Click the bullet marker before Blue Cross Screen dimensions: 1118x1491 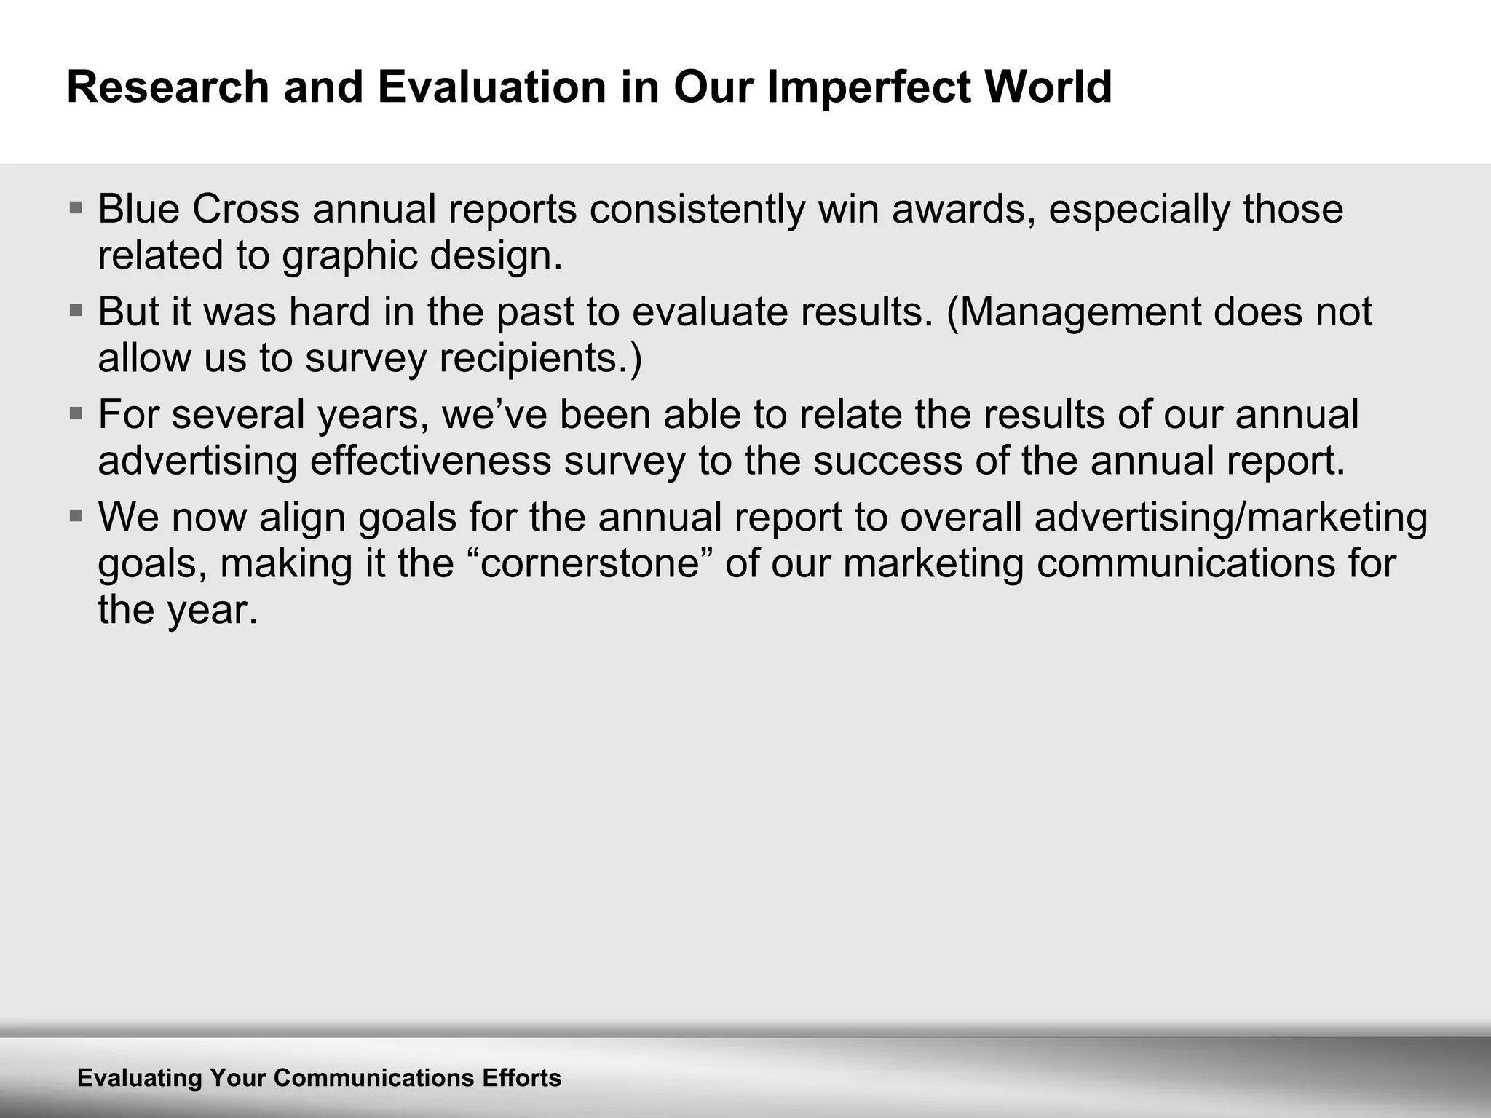tap(76, 208)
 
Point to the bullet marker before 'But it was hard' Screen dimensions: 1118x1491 tap(76, 311)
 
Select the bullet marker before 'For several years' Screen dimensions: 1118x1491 tap(76, 413)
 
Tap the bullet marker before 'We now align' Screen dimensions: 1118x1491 tap(76, 516)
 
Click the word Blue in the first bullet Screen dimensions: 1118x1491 tap(138, 210)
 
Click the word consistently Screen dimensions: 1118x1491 tap(697, 210)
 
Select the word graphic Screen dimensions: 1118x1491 tap(349, 257)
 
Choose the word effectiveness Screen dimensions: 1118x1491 tap(430, 461)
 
